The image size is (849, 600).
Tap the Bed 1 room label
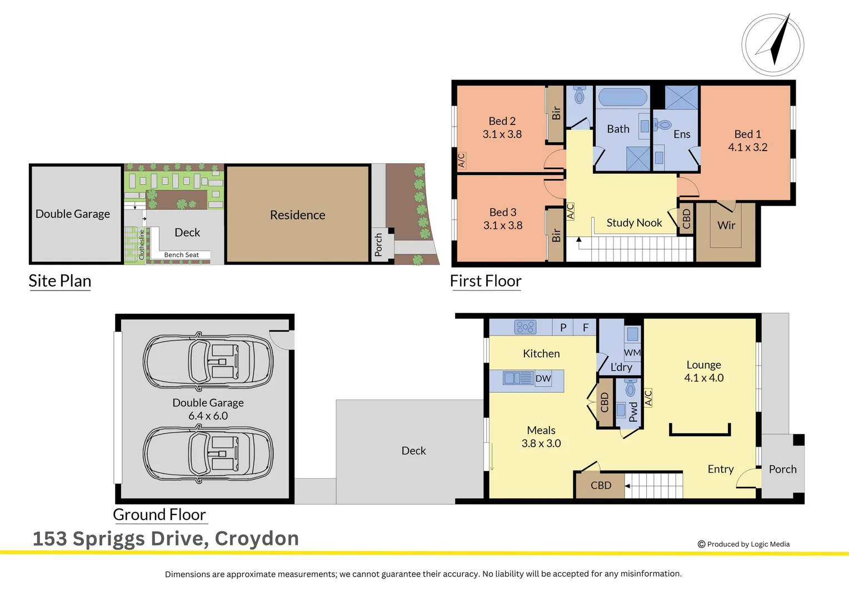[x=747, y=141]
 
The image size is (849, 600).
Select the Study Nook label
[x=634, y=223]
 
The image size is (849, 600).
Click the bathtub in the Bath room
[x=622, y=98]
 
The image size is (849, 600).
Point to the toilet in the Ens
[x=663, y=125]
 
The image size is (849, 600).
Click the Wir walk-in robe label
[x=726, y=225]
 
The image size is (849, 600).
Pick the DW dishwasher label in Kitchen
[x=543, y=378]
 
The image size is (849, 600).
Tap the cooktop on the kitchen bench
[x=525, y=327]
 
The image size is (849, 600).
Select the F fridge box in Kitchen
[x=585, y=327]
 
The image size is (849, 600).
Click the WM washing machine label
[x=632, y=352]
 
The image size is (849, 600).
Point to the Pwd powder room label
[x=633, y=412]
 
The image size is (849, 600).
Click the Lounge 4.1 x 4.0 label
[x=703, y=371]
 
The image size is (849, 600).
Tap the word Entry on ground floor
[x=720, y=469]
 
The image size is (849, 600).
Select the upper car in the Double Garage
[x=208, y=361]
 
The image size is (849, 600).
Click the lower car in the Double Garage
[x=208, y=453]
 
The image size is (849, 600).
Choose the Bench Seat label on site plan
[x=181, y=255]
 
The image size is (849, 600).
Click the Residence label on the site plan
[x=297, y=215]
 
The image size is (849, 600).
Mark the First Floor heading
[x=485, y=281]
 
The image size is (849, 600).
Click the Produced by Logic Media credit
[x=743, y=544]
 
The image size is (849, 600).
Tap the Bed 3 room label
[x=502, y=219]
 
